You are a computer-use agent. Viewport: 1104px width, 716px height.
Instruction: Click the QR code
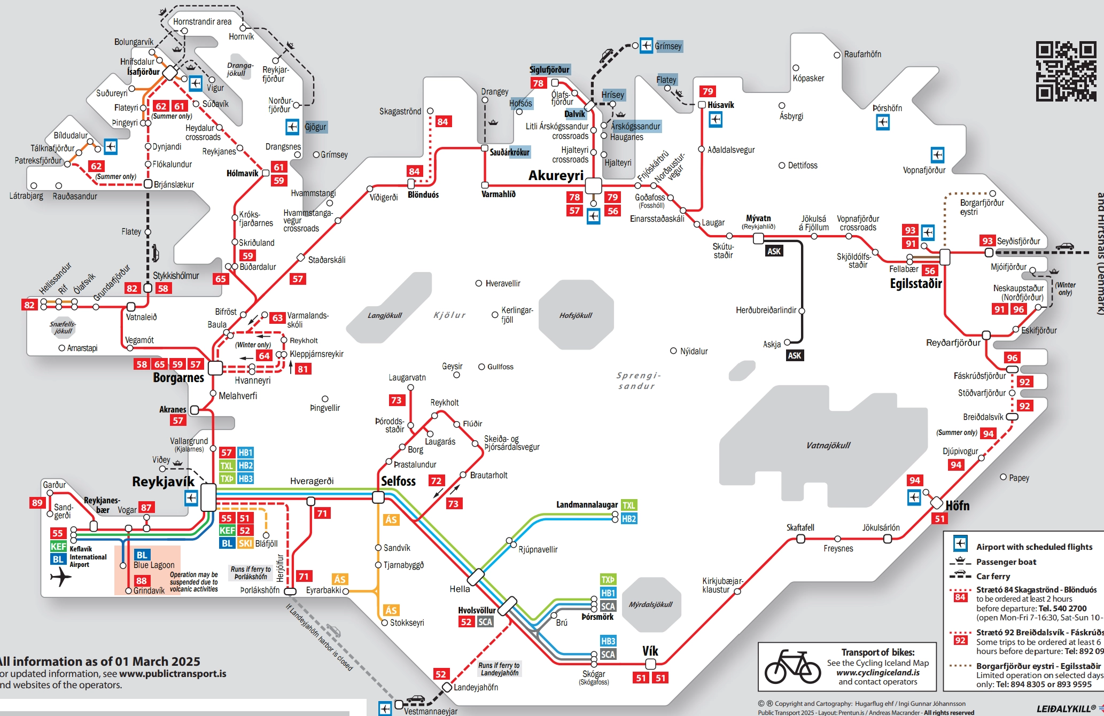1066,71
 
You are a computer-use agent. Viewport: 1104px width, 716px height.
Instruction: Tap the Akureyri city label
556,175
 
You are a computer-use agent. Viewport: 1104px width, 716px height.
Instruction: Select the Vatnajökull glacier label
828,445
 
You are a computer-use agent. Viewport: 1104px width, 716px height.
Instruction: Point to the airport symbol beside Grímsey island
647,45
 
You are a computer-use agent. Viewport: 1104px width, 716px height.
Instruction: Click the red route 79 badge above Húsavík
708,91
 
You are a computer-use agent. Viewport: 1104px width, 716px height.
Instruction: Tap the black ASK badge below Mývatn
774,251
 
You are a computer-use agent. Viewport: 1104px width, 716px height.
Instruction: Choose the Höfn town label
957,505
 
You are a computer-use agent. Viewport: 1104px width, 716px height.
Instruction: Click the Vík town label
650,651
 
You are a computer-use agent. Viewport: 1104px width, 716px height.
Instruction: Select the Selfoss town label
398,481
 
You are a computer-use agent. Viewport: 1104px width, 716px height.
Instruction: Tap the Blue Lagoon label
154,565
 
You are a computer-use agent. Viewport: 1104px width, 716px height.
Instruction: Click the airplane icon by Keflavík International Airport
61,577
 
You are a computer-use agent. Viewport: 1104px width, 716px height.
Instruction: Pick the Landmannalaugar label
587,505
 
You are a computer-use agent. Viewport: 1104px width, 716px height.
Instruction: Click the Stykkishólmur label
176,276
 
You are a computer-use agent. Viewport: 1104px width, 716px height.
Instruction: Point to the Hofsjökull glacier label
576,315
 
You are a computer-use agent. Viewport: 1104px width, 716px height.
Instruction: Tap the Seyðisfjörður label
1019,241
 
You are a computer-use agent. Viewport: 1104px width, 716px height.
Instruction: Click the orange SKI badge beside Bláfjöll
245,543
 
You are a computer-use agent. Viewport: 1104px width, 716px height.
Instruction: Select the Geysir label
452,366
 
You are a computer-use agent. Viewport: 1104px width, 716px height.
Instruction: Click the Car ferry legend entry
993,576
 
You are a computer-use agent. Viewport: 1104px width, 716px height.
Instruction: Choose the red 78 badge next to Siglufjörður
538,83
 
